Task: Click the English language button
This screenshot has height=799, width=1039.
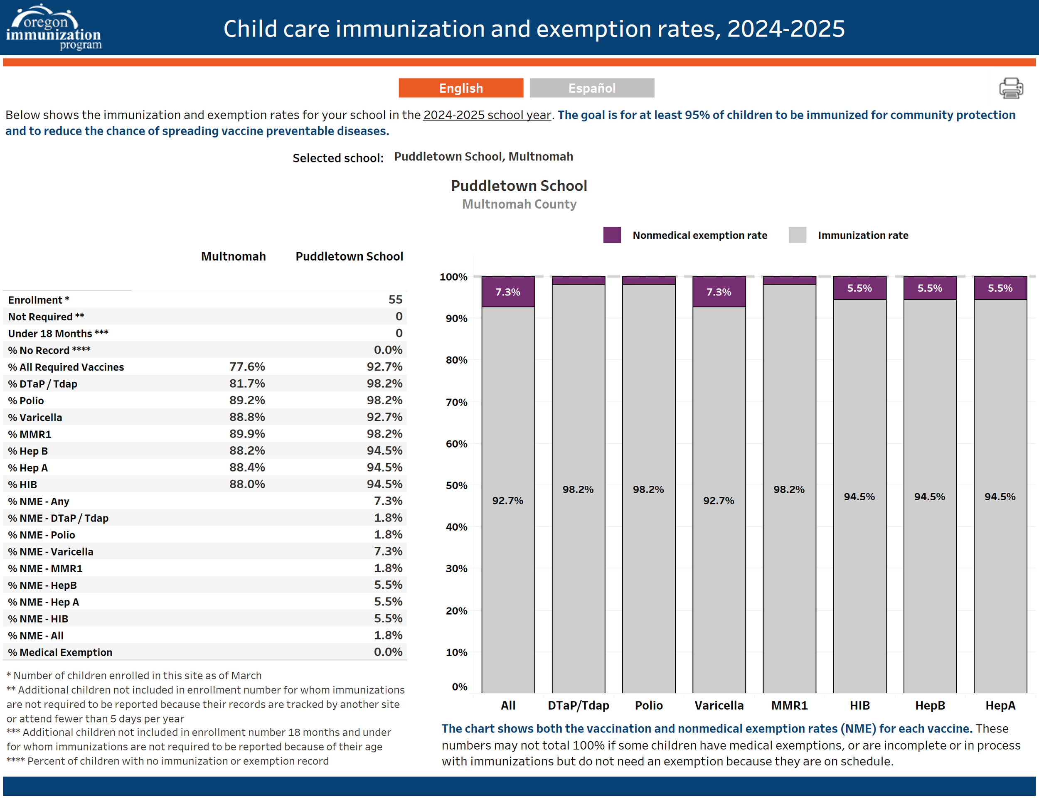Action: (x=460, y=88)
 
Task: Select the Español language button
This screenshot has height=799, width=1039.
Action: (x=592, y=88)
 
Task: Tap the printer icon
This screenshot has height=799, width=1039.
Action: (x=1010, y=88)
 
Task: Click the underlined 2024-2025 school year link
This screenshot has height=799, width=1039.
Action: (x=487, y=115)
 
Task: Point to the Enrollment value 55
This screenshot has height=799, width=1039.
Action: (x=395, y=300)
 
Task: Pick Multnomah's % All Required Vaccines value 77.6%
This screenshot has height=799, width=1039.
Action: (x=247, y=367)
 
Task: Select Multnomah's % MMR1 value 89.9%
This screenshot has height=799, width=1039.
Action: (x=247, y=434)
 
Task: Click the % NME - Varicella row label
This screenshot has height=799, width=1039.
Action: (x=50, y=552)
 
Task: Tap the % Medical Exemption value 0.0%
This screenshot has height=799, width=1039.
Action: (x=388, y=652)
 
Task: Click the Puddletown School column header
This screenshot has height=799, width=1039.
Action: (x=349, y=256)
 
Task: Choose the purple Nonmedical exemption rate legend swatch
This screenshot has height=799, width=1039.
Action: (x=612, y=235)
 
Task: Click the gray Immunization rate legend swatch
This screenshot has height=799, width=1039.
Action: (x=797, y=235)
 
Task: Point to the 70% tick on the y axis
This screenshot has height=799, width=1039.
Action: (x=456, y=402)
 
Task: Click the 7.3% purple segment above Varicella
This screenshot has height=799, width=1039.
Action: (x=718, y=292)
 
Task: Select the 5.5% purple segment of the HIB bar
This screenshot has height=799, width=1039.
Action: (x=859, y=288)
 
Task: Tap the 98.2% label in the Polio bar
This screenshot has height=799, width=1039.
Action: (x=648, y=489)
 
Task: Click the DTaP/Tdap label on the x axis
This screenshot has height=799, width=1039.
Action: (x=578, y=706)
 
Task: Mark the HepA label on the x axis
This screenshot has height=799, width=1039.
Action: (x=1000, y=706)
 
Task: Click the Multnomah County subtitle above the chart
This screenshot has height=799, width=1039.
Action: (x=519, y=204)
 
